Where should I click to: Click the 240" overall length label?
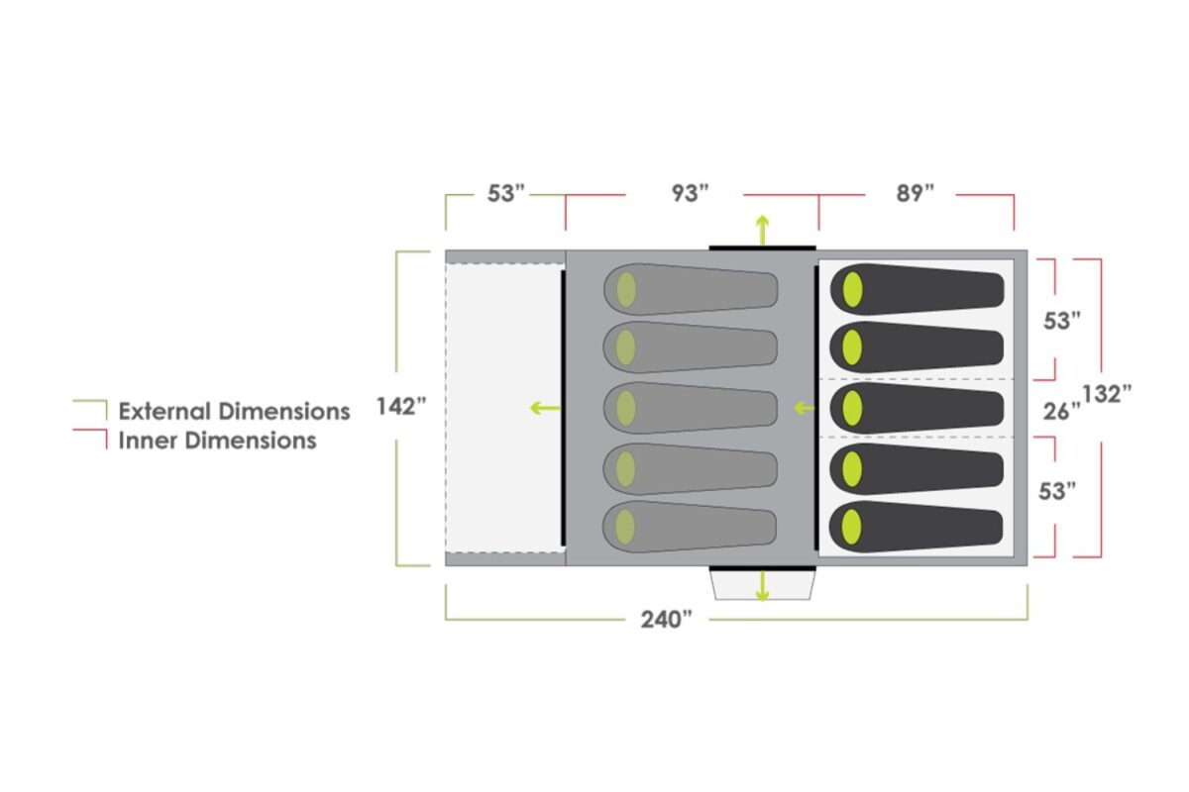(666, 620)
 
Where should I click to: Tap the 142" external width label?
(400, 407)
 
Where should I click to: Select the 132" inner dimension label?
(1107, 393)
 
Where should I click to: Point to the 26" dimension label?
(1061, 411)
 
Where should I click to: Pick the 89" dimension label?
(916, 193)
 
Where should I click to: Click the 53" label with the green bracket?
(504, 193)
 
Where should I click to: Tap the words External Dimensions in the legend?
(234, 411)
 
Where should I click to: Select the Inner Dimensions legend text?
(217, 441)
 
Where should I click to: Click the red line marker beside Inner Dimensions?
(91, 438)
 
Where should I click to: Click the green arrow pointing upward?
(762, 229)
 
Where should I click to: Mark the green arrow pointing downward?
(762, 586)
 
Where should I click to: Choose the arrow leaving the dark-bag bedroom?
(804, 407)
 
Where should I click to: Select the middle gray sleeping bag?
(691, 408)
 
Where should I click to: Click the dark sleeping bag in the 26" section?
(917, 408)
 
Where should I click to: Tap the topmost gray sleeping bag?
(691, 289)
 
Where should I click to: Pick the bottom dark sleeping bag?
(917, 527)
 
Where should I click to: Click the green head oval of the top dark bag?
(851, 289)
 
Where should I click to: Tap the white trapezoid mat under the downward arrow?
(762, 587)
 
